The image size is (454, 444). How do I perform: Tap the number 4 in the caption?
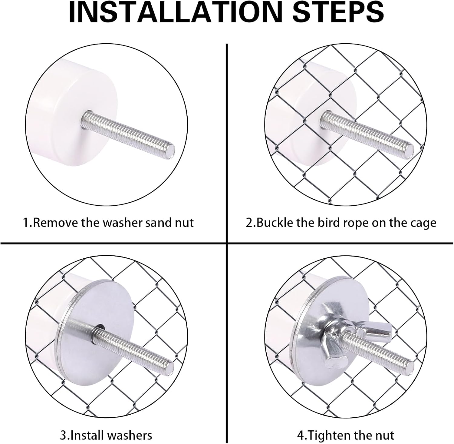(300, 436)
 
